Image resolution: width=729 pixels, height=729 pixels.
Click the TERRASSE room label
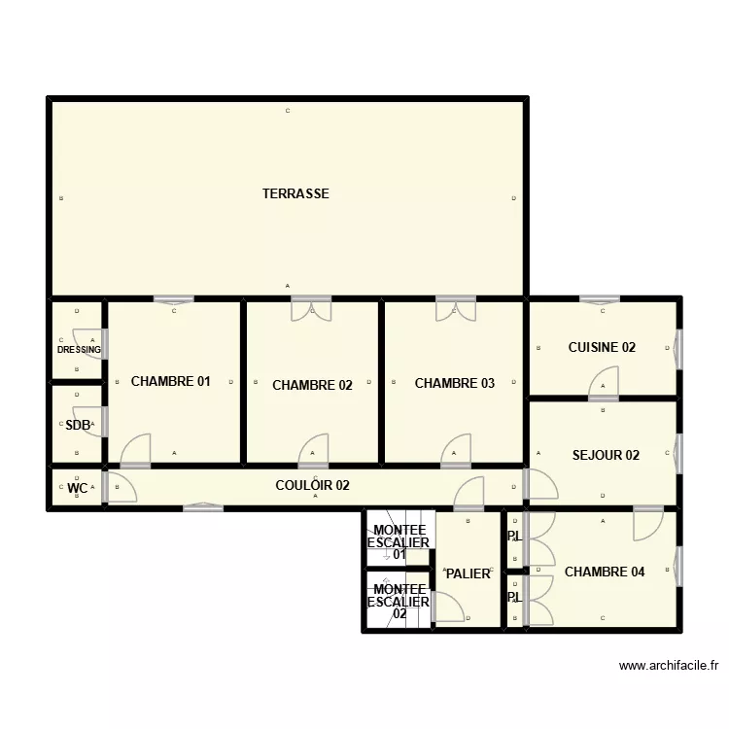click(x=295, y=193)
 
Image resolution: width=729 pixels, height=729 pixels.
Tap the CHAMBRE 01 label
click(x=170, y=382)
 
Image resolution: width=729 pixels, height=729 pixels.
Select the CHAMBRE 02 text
click(x=312, y=385)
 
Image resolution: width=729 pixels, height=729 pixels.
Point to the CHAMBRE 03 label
click(x=454, y=383)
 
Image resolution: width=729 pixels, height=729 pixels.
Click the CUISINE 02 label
click(x=602, y=347)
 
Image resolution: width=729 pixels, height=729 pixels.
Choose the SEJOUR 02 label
click(x=606, y=455)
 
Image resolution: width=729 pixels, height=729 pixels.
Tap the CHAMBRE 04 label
click(x=604, y=572)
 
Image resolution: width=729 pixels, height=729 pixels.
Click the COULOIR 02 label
click(x=312, y=485)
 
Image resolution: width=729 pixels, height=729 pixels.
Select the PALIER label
click(x=468, y=573)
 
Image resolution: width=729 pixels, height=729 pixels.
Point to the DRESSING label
click(x=79, y=350)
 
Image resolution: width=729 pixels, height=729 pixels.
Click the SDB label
click(x=77, y=425)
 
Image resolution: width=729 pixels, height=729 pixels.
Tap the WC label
click(x=77, y=488)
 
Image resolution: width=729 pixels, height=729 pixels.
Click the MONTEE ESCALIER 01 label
click(x=399, y=541)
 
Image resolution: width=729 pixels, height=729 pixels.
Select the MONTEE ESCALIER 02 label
click(x=399, y=602)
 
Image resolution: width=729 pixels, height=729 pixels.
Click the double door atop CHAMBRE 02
click(x=312, y=308)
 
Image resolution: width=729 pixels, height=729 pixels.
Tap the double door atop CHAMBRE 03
click(x=454, y=308)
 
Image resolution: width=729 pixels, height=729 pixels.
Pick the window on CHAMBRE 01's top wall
click(x=174, y=298)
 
